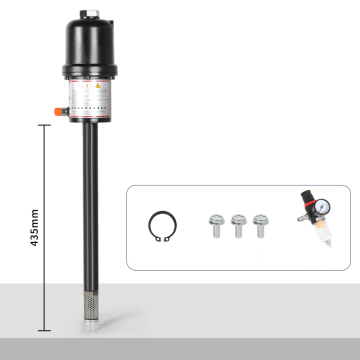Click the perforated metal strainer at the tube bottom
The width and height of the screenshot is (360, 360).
click(90, 299)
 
